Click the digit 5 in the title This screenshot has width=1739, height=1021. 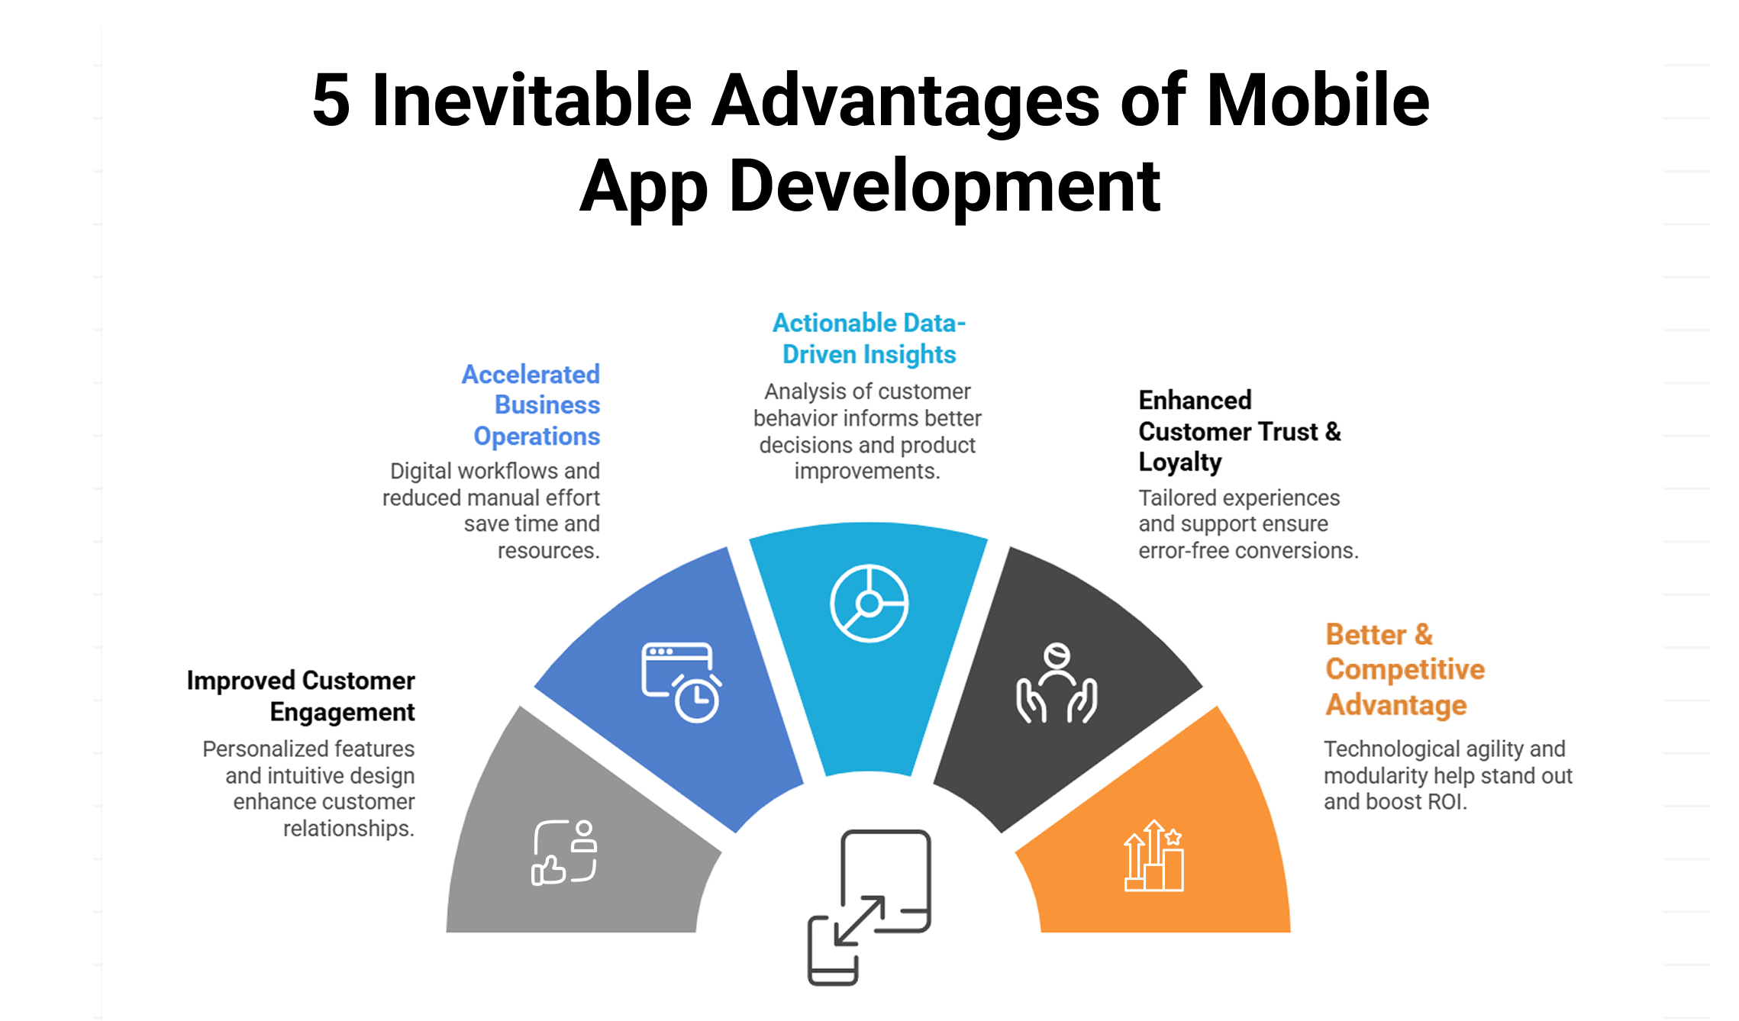[x=331, y=101]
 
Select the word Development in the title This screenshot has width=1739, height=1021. [x=944, y=186]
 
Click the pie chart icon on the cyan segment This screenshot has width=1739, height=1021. [x=869, y=604]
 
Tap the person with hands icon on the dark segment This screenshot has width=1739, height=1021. [x=1057, y=684]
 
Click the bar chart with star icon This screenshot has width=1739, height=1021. [x=1153, y=856]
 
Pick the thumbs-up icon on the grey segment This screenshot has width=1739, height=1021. [x=564, y=852]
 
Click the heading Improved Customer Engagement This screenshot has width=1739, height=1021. [x=301, y=696]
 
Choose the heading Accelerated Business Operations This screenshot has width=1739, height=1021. [x=531, y=405]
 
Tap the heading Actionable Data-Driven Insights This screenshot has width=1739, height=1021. [x=869, y=339]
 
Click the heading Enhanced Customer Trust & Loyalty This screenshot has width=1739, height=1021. [x=1238, y=431]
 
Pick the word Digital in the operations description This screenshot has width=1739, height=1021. [x=422, y=471]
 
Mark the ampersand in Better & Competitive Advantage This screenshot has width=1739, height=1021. [x=1423, y=635]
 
